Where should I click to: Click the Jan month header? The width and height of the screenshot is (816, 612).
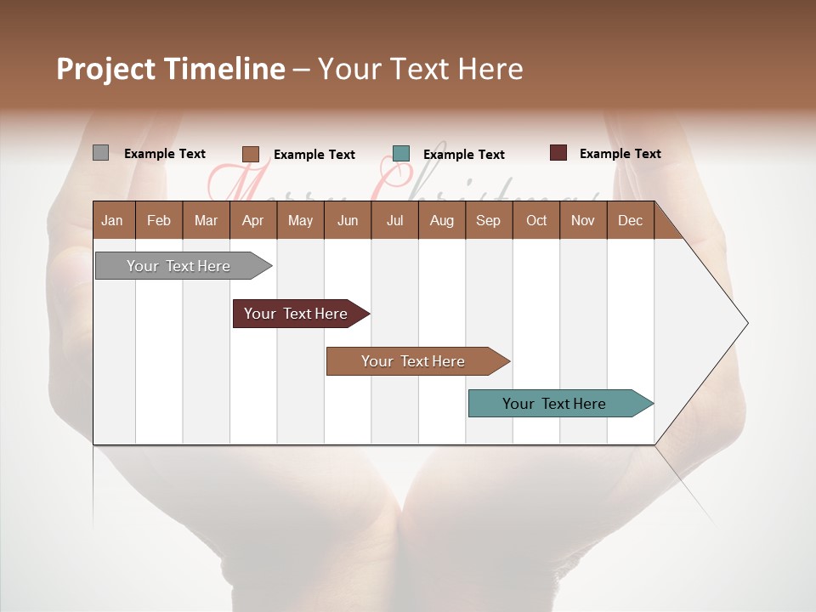[113, 220]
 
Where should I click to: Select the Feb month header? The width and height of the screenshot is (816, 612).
[159, 220]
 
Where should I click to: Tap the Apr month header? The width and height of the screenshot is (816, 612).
[253, 220]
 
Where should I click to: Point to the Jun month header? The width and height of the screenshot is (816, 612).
[348, 220]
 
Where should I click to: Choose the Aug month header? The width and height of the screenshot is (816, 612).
[442, 220]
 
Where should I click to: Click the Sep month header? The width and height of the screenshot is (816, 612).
[489, 220]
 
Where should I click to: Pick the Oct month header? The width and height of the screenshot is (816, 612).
[536, 220]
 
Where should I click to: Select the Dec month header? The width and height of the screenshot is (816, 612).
[631, 220]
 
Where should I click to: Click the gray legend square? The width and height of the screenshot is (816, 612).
[101, 153]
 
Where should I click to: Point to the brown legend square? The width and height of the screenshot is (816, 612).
[251, 154]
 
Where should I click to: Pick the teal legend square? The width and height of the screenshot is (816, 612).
[401, 154]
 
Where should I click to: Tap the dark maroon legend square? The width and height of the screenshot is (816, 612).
[558, 153]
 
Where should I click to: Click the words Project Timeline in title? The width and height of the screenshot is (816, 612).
[171, 69]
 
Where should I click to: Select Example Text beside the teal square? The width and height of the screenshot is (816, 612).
[464, 155]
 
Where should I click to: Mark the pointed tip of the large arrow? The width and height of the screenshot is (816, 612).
[746, 323]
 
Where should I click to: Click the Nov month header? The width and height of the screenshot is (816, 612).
[583, 220]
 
